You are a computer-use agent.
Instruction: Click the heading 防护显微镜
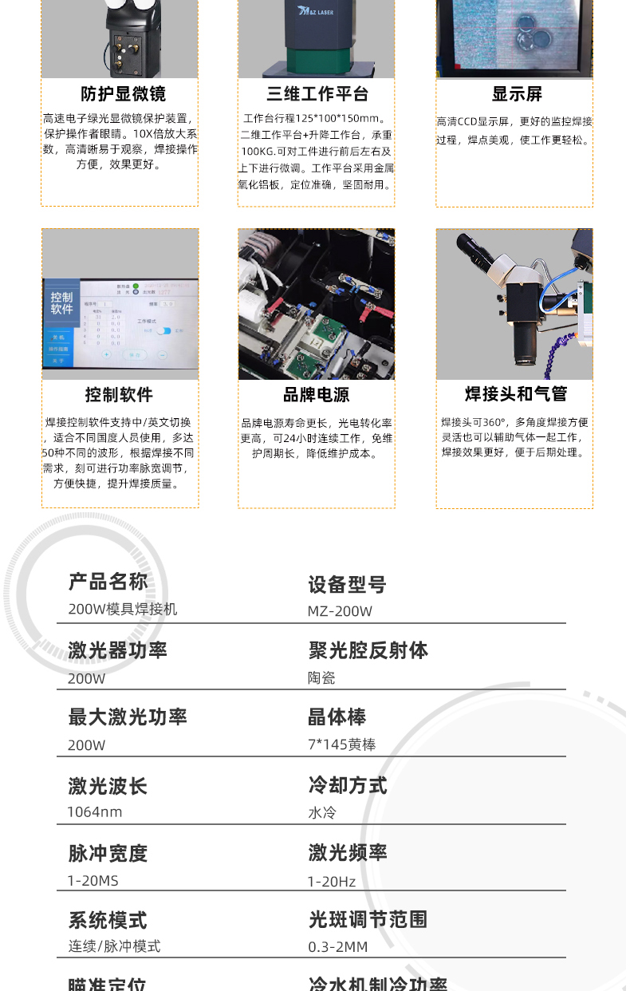[x=123, y=94]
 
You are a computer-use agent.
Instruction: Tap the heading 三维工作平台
[x=317, y=94]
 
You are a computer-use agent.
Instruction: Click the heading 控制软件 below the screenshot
[x=119, y=395]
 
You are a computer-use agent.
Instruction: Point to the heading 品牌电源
[x=316, y=395]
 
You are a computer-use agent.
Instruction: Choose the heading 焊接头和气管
[x=516, y=394]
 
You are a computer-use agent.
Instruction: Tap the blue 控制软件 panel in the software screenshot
[x=62, y=302]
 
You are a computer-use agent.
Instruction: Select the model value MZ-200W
[x=340, y=611]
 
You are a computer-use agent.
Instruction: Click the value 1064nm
[x=95, y=812]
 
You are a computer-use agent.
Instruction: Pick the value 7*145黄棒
[x=341, y=745]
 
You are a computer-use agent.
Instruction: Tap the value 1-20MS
[x=93, y=881]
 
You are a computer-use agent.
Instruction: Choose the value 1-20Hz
[x=332, y=882]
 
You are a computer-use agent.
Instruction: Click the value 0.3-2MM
[x=338, y=947]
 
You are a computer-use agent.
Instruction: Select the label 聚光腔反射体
[x=368, y=650]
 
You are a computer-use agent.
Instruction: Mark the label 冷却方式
[x=347, y=785]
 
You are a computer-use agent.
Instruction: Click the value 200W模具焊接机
[x=123, y=610]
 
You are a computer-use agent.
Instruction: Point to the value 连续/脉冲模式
[x=114, y=946]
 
